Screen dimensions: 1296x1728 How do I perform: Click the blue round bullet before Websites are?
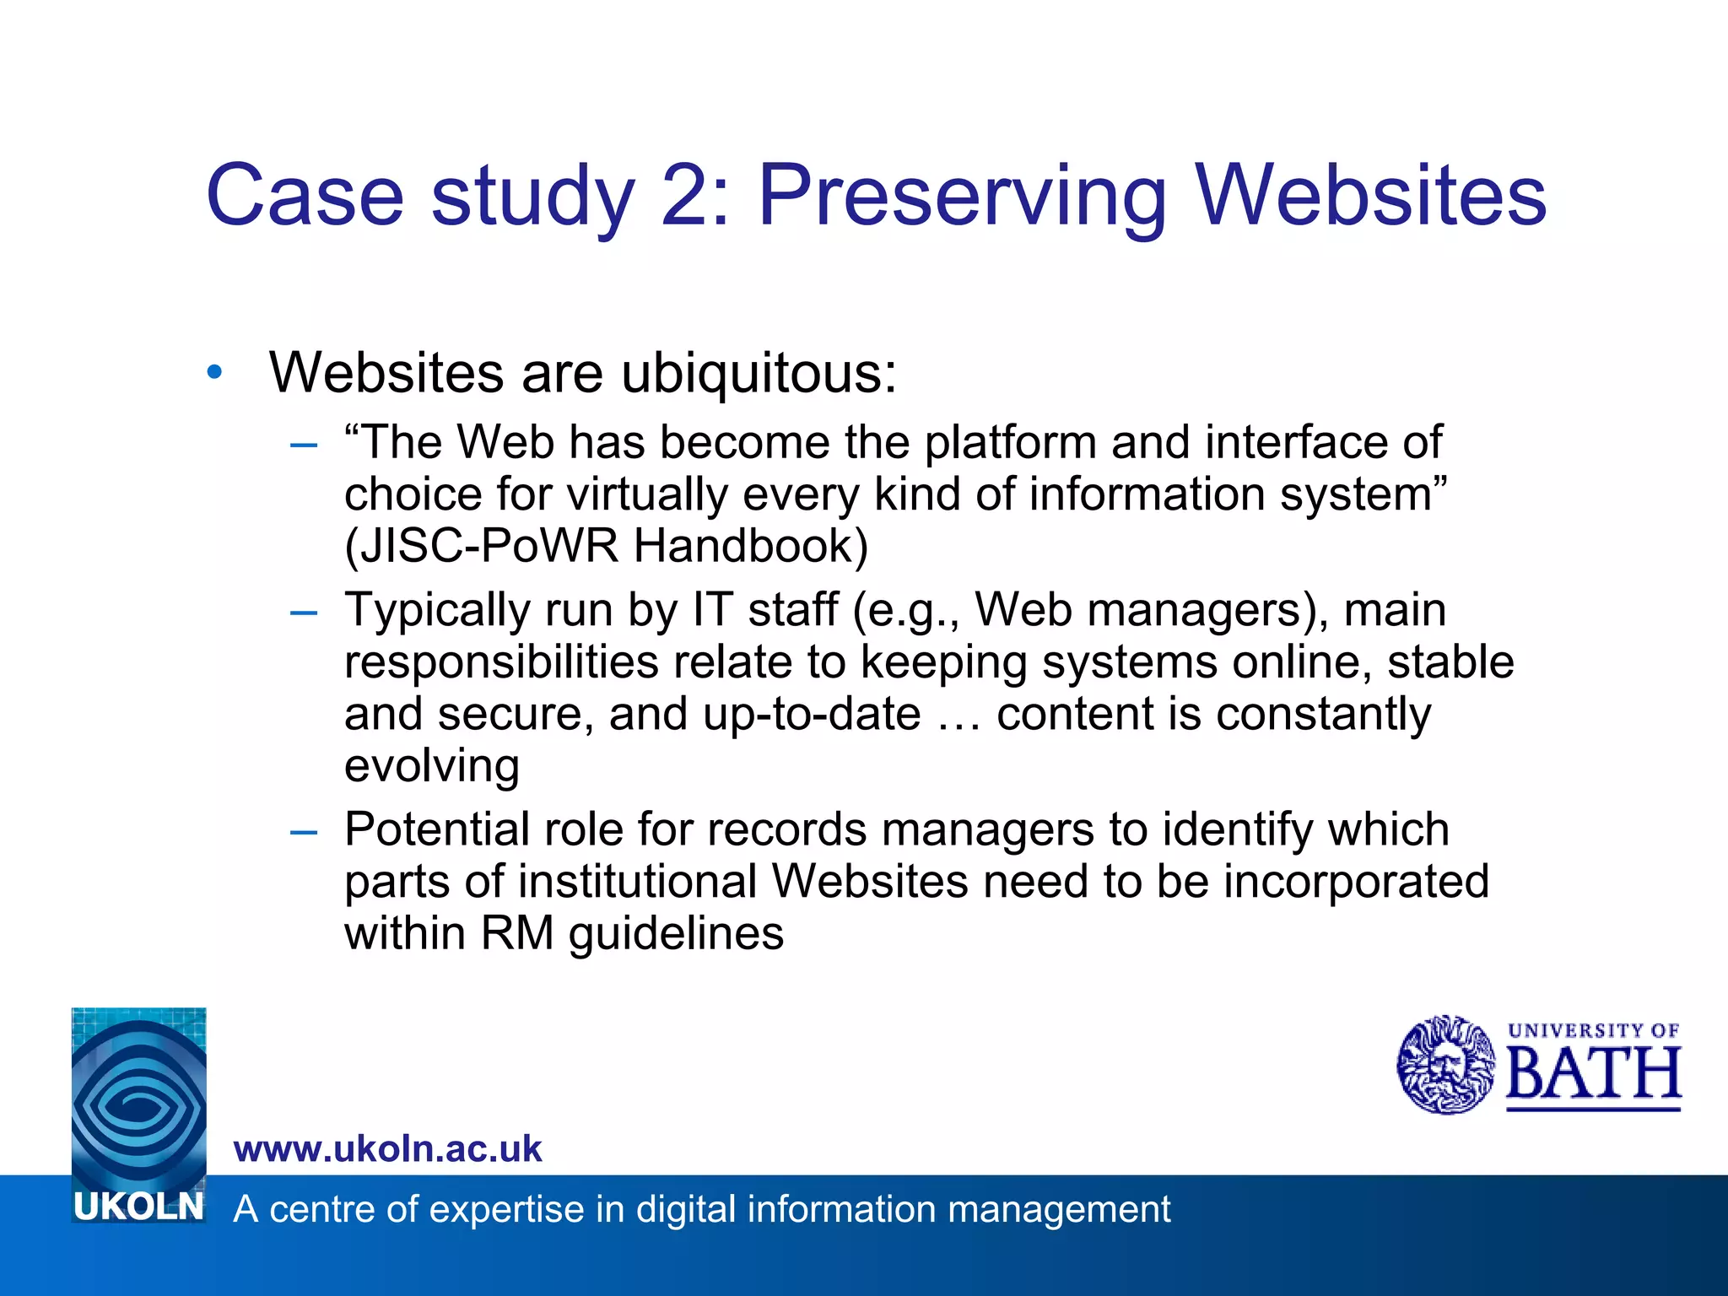click(x=215, y=371)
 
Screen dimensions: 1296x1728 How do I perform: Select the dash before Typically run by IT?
click(x=303, y=612)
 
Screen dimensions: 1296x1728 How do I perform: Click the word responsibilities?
click(x=501, y=662)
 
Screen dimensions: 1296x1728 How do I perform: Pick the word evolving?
click(x=431, y=766)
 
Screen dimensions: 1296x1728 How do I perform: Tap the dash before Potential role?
click(x=303, y=832)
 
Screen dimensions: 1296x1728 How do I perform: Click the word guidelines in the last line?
click(x=676, y=934)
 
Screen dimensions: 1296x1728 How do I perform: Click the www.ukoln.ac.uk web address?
click(x=387, y=1149)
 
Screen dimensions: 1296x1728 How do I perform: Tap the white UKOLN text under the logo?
click(x=139, y=1207)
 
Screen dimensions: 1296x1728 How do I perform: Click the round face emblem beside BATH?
click(x=1445, y=1065)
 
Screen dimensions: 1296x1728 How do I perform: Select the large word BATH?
click(x=1593, y=1075)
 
